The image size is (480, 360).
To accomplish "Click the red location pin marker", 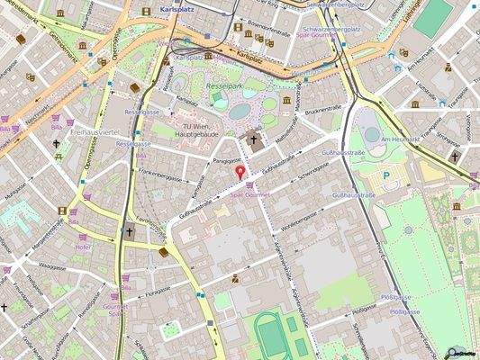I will tap(240, 171).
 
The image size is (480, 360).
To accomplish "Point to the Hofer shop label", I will tap(84, 247).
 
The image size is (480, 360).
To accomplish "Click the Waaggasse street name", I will tap(53, 266).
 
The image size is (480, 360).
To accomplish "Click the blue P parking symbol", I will tap(386, 176).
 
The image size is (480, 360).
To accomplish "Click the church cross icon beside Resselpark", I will tap(254, 140).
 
